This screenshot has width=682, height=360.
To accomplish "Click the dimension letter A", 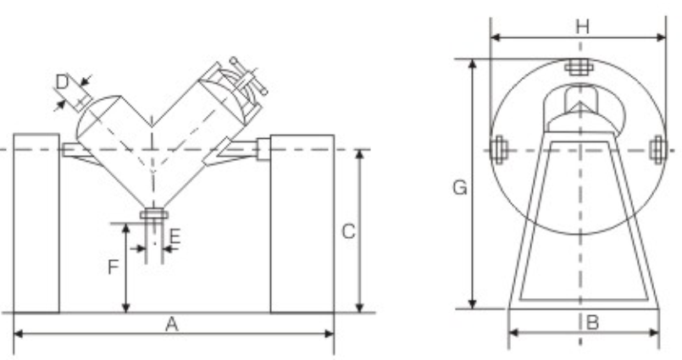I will pos(172,324).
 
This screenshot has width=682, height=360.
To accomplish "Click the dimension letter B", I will pos(593,322).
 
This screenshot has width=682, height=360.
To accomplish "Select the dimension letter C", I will pos(347,231).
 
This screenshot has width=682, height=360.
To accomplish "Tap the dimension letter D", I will pos(62,82).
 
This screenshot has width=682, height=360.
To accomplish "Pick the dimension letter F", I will pos(113,268).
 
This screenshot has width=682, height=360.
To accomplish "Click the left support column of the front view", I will pos(36,223).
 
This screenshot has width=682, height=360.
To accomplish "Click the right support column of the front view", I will pos(302,223).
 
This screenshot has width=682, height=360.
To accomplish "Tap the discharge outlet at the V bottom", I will pos(153,215).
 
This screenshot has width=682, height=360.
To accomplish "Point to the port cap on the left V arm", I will pos(84,102).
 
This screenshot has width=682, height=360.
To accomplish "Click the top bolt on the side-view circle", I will pos(579,67).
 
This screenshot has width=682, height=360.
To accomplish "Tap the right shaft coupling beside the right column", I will pos(263,149).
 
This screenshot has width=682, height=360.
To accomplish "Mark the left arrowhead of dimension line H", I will pos(495,38).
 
